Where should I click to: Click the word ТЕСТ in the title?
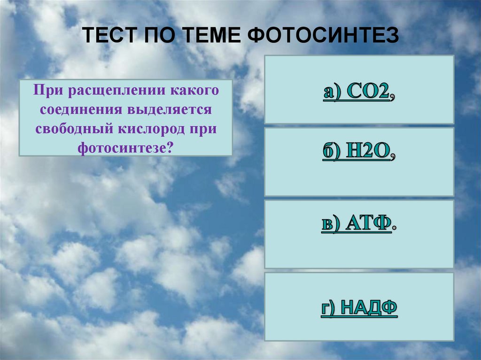[111, 35]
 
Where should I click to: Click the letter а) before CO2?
[333, 92]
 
